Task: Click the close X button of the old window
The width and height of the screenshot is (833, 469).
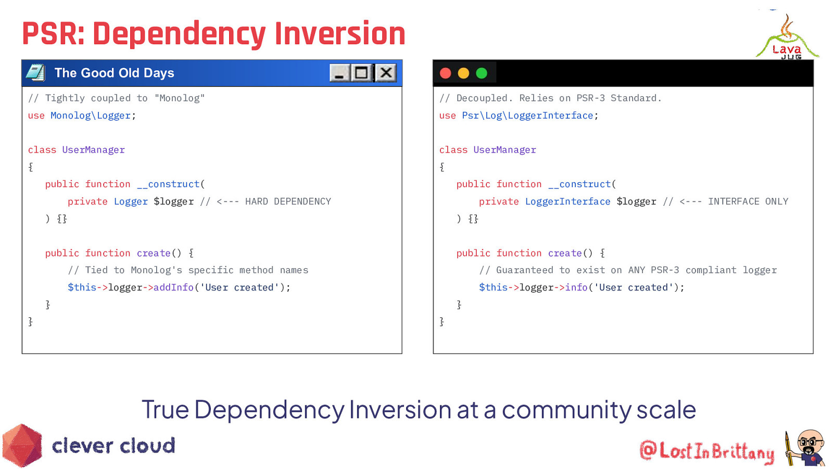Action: tap(386, 73)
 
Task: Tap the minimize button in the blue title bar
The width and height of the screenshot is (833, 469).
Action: tap(339, 73)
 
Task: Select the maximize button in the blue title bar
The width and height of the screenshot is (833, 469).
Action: tap(361, 73)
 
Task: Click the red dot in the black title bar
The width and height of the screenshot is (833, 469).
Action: tap(446, 73)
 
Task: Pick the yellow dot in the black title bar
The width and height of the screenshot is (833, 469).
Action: tap(463, 73)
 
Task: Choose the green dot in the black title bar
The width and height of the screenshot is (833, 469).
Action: tap(482, 73)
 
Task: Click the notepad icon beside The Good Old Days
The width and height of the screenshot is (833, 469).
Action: tap(35, 73)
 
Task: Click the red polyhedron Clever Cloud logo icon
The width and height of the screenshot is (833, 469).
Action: tap(22, 446)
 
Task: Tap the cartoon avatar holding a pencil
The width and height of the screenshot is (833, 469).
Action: tap(806, 448)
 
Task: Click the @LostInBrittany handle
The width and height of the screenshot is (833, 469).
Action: tap(706, 451)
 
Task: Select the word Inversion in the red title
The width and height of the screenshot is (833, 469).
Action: tap(340, 34)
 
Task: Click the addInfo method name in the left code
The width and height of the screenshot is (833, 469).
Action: tap(173, 288)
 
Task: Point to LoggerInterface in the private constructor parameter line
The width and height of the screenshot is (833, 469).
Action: tap(567, 202)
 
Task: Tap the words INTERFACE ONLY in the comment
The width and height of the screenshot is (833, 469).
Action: tap(748, 202)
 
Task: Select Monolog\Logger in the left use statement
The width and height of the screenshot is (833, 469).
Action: tap(91, 116)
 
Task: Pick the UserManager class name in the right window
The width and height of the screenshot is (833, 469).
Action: tap(504, 150)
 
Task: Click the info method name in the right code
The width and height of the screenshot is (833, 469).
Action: tap(576, 288)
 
